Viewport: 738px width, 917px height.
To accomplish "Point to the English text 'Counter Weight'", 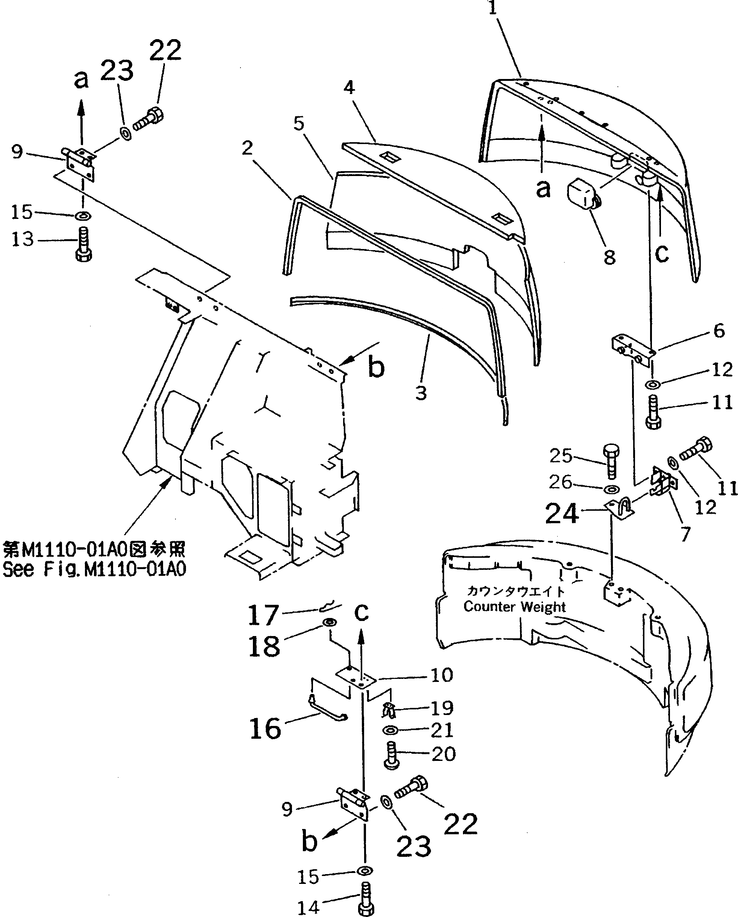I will point(514,606).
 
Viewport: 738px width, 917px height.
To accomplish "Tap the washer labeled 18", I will point(330,622).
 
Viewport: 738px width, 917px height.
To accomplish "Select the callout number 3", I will point(420,393).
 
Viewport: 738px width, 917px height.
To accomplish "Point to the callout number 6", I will point(719,330).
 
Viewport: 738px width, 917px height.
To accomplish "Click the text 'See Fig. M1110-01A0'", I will point(94,569).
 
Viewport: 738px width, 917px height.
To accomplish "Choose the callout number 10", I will point(442,675).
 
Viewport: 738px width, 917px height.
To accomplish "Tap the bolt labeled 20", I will point(392,755).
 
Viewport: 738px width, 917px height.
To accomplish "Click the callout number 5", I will point(299,123).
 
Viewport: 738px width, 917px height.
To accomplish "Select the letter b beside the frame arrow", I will point(376,366).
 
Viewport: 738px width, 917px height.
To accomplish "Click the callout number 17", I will point(263,615).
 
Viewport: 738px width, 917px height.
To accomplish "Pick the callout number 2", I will point(247,148).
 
